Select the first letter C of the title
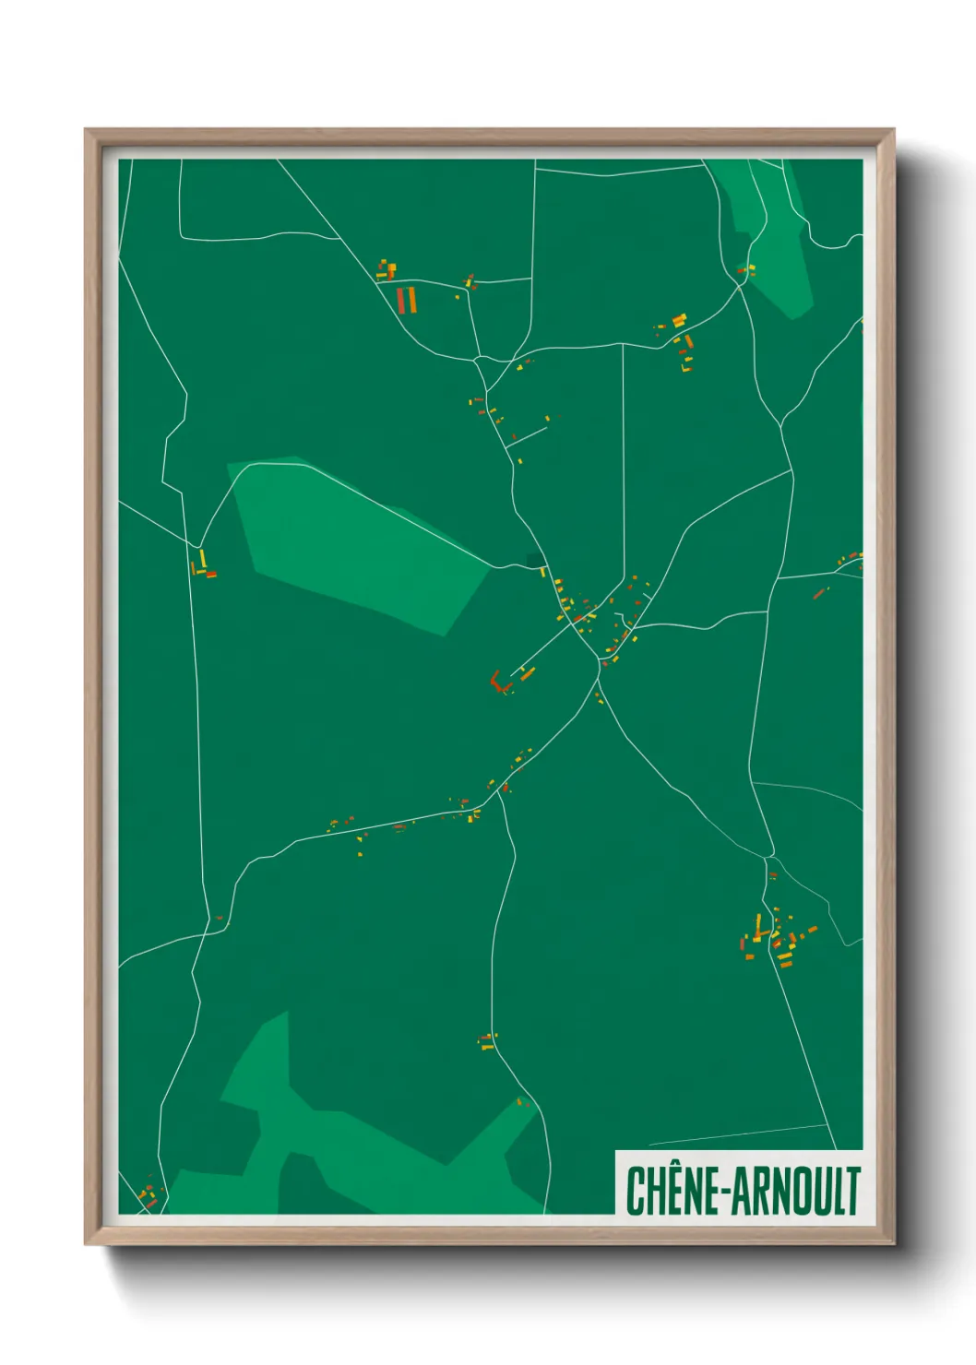click(x=636, y=1191)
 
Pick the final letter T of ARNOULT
click(x=853, y=1191)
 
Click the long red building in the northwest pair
click(x=401, y=300)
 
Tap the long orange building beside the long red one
click(x=412, y=300)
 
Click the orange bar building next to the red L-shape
click(x=527, y=674)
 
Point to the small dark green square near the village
click(x=533, y=559)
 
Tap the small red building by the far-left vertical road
click(x=211, y=575)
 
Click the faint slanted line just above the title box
click(x=738, y=1135)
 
